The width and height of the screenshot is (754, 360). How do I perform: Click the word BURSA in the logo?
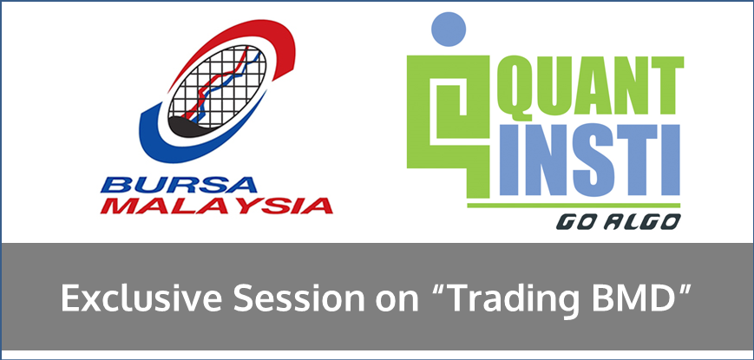point(179,185)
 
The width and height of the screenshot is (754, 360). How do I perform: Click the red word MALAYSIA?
point(216,206)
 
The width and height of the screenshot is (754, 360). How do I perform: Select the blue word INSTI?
point(590,160)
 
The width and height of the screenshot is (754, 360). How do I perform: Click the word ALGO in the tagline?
point(641,222)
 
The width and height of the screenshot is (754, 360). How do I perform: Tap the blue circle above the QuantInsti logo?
point(449,29)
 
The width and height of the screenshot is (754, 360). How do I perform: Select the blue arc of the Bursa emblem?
point(159,144)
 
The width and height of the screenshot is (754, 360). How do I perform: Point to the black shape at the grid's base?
point(189,127)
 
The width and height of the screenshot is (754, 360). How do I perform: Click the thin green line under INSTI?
point(574,205)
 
